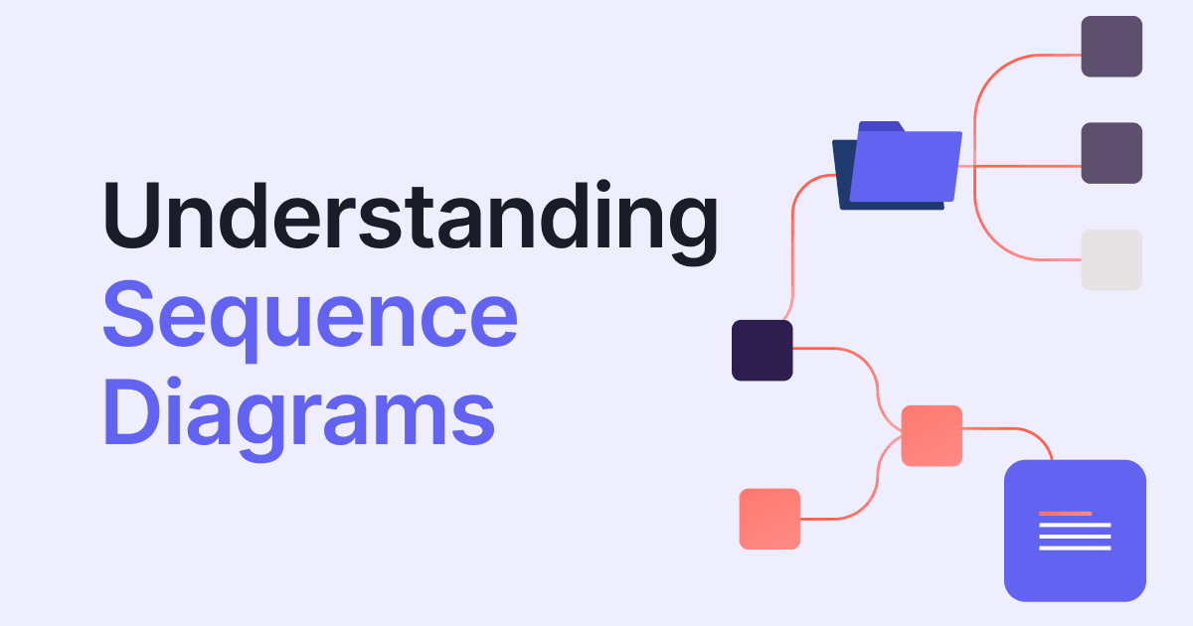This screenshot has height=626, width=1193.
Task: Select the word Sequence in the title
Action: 309,316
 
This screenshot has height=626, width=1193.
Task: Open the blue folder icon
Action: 900,167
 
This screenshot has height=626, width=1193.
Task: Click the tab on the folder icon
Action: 879,126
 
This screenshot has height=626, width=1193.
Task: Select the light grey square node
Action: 1111,260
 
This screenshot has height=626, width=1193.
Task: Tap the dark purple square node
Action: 763,351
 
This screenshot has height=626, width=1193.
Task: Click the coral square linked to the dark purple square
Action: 932,436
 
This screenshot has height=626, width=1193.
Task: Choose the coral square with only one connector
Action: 769,519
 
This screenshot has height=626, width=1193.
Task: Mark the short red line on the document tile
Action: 1065,514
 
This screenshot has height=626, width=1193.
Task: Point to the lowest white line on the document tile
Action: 1075,548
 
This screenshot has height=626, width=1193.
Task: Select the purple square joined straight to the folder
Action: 1111,153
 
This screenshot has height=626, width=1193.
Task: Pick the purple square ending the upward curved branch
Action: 1111,47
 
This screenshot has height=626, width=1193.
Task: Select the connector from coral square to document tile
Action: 1024,430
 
